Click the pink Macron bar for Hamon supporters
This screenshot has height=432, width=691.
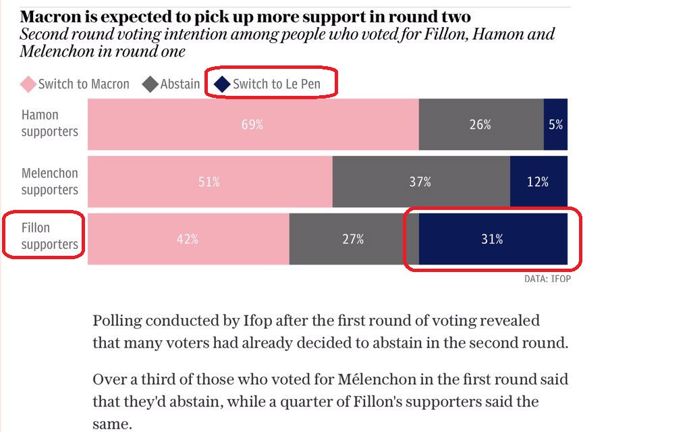253,124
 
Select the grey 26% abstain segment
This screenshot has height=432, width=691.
480,124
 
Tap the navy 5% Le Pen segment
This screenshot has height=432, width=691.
555,124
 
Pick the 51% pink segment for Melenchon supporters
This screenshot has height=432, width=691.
210,182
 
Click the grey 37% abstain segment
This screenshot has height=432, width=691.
421,182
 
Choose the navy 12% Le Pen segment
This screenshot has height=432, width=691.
538,182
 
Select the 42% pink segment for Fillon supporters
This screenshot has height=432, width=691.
188,239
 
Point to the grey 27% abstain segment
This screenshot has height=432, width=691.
354,239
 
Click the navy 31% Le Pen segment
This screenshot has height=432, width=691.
493,239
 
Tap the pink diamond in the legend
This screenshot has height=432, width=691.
28,84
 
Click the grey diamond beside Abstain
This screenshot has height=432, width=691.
150,84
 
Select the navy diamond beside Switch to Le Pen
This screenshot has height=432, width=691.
222,84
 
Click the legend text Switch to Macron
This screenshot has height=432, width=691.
84,84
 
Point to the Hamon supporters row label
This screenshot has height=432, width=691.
49,124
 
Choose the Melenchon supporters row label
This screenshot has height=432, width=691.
49,182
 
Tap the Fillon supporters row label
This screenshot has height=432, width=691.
49,236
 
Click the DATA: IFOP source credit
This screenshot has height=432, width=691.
547,278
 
